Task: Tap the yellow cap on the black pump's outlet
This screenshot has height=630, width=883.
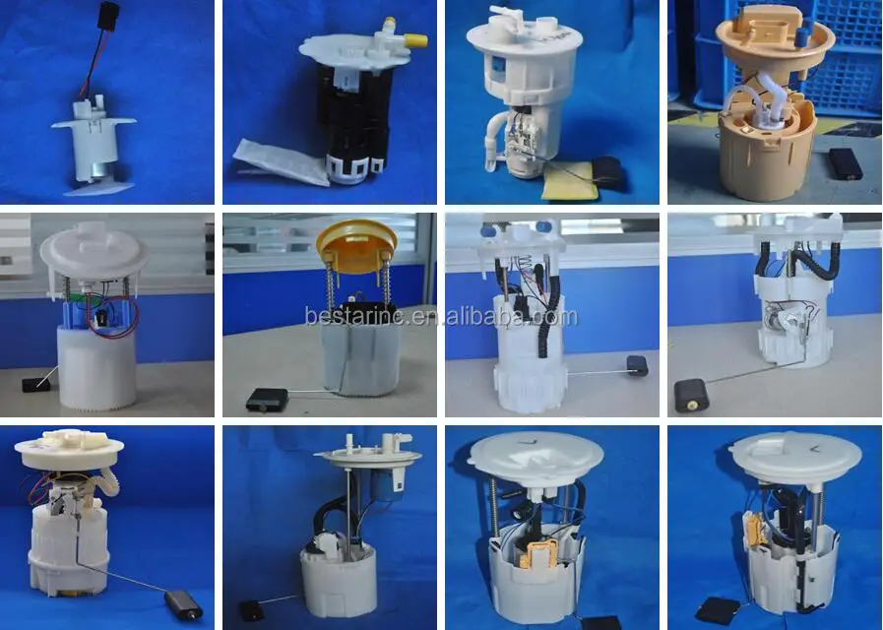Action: click(417, 42)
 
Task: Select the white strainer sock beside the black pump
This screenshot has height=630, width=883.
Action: click(281, 163)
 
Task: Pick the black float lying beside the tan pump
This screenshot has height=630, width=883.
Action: click(845, 162)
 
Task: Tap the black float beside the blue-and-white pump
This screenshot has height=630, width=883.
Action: click(36, 384)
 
